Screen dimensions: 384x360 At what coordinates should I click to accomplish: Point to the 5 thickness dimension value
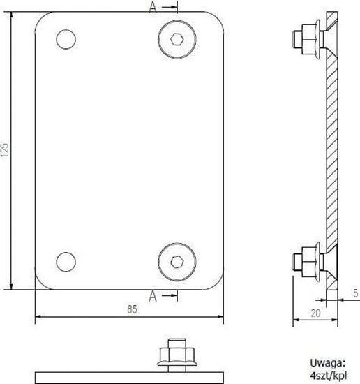(354, 292)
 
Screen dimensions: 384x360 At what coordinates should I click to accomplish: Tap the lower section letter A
(153, 297)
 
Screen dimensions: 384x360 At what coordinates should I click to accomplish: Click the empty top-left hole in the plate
(66, 40)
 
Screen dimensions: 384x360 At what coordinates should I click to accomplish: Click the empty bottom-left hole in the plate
(66, 262)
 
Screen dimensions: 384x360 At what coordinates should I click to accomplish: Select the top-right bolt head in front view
(177, 39)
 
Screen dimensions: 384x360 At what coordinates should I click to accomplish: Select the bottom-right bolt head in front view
(177, 262)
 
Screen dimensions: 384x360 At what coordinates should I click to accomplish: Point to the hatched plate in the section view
(332, 150)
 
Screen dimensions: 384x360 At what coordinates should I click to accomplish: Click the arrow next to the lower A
(170, 297)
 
